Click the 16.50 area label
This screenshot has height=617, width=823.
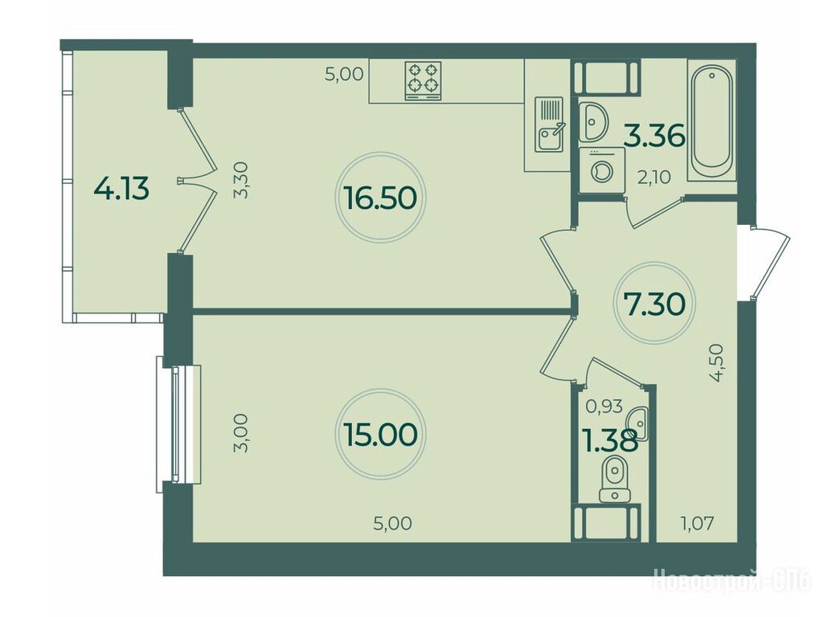(380, 198)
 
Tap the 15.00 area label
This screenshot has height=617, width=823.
(380, 435)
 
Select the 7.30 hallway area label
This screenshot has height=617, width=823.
(654, 303)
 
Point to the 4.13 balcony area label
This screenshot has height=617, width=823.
(121, 188)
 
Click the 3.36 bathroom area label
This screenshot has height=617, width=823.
(654, 136)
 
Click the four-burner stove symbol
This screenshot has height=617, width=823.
(423, 81)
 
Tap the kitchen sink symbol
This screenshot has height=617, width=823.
(549, 125)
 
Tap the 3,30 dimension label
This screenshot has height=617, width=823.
(246, 180)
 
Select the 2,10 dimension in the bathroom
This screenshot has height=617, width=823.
(653, 178)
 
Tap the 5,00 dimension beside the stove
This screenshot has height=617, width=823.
(344, 74)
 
